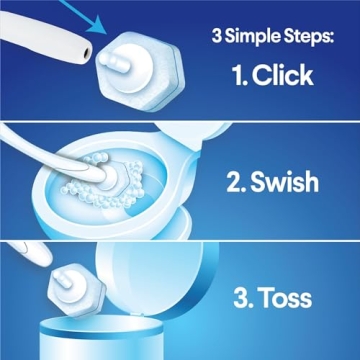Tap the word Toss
tap(282, 297)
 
